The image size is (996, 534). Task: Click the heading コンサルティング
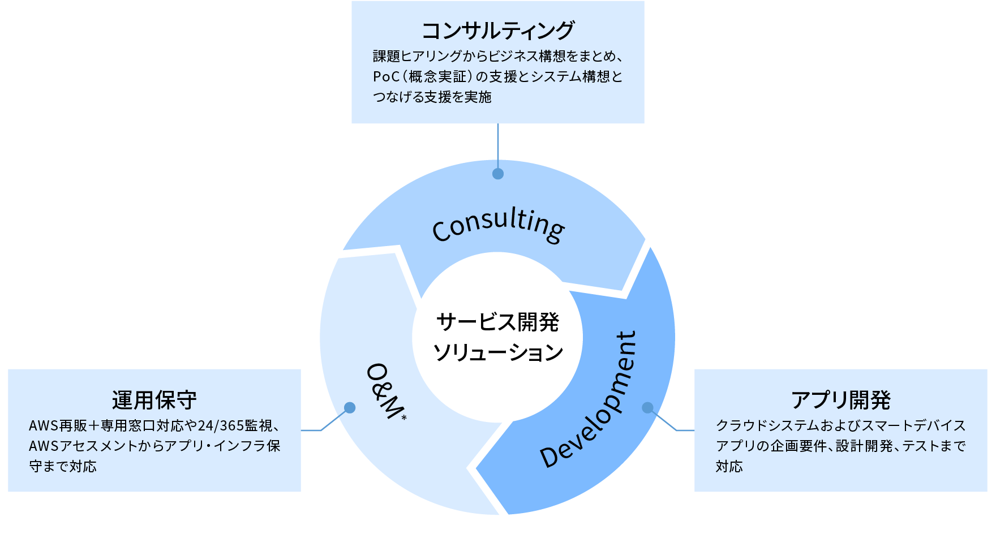(x=498, y=31)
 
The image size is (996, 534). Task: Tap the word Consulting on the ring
(x=498, y=225)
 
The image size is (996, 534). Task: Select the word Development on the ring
(x=589, y=401)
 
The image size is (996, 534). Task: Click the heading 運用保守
(x=154, y=400)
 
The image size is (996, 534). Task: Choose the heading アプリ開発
(x=840, y=400)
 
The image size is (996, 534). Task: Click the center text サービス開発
(x=497, y=322)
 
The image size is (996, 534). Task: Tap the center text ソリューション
(x=497, y=353)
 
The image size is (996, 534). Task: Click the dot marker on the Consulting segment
(x=498, y=174)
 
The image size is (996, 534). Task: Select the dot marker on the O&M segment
(x=350, y=408)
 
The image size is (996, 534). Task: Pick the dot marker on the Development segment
(x=648, y=408)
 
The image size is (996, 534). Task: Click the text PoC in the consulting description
(x=386, y=77)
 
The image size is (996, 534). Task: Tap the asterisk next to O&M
(x=404, y=418)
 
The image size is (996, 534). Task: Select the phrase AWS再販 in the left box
(x=57, y=425)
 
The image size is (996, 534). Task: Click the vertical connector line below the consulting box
(x=498, y=144)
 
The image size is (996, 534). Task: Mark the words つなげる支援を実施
(x=432, y=97)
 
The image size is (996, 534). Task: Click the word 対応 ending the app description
(x=729, y=467)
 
